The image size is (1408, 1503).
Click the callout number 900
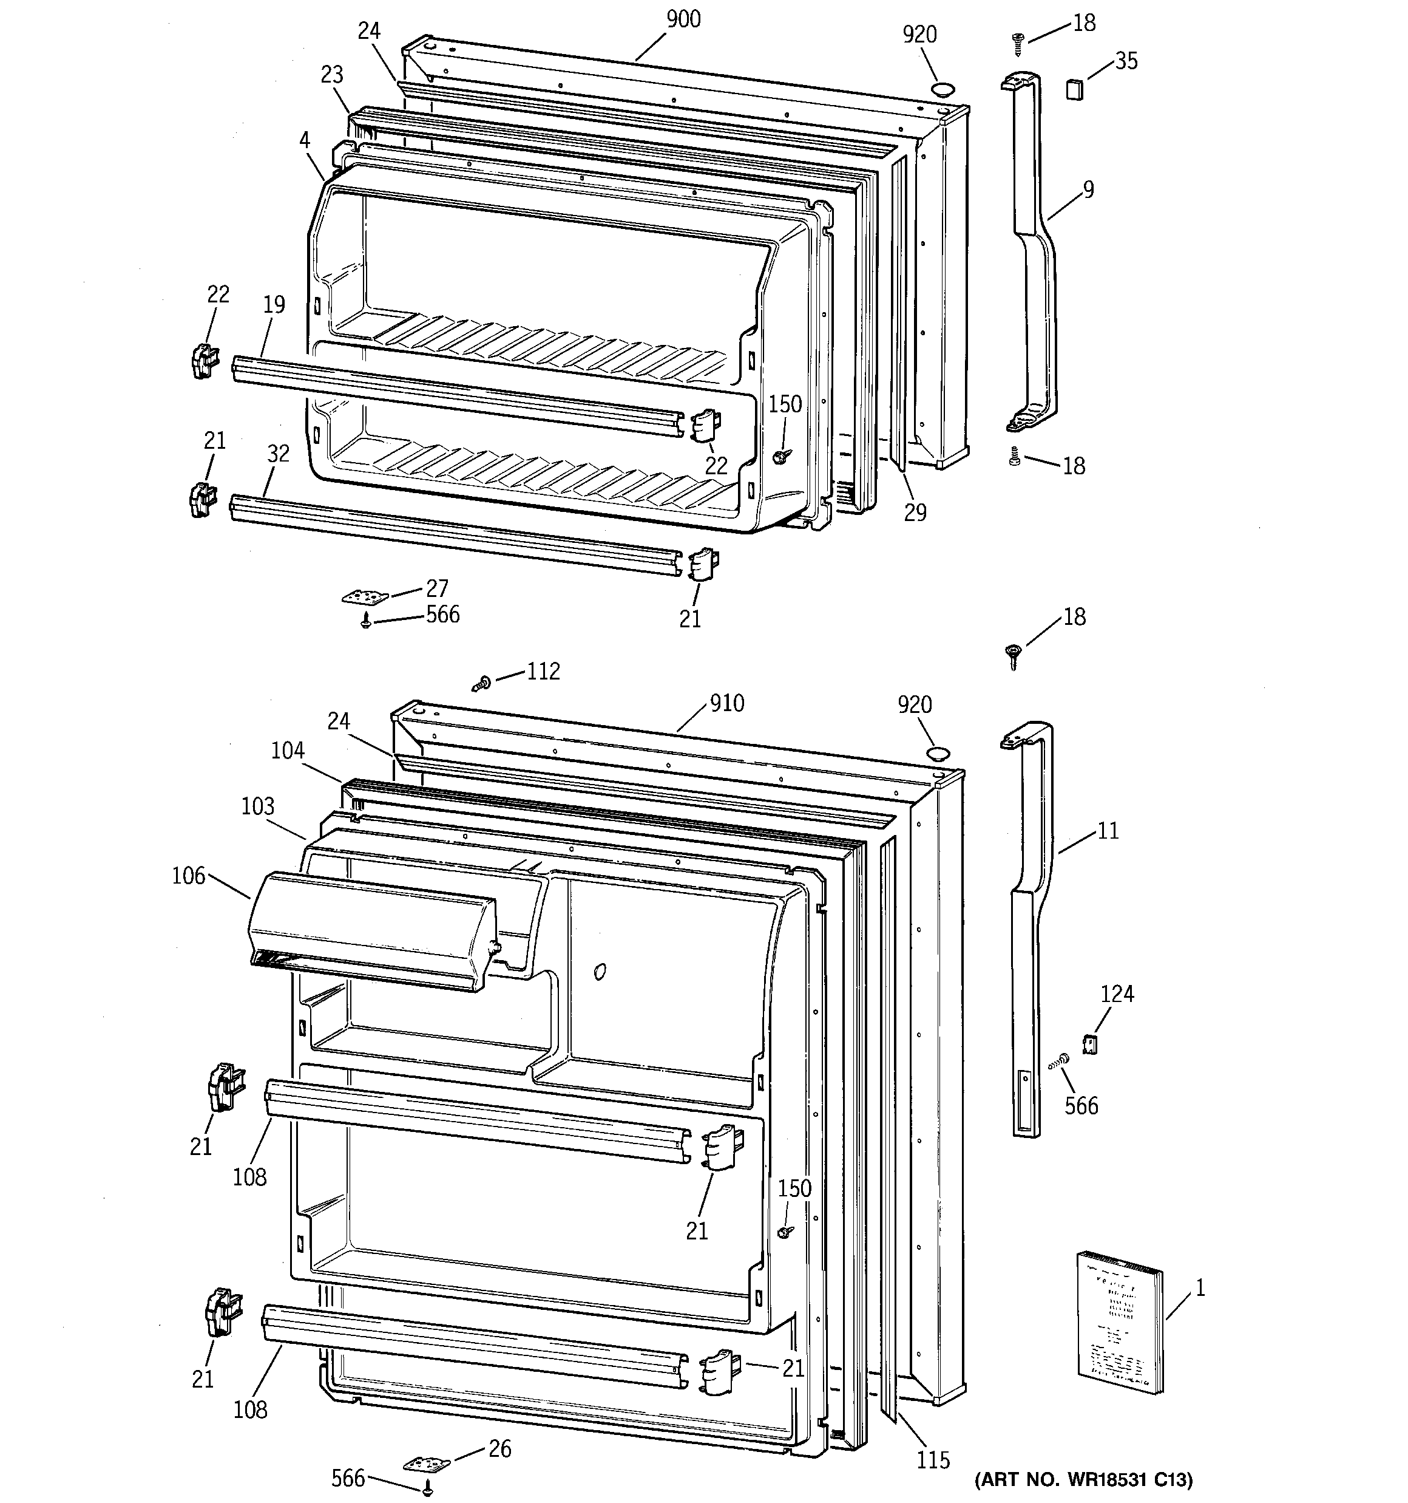[x=683, y=19]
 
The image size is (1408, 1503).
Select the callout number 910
[x=726, y=704]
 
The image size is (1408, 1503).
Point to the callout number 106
[x=188, y=876]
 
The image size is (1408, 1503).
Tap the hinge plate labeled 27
[x=364, y=598]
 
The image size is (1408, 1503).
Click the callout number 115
[x=933, y=1460]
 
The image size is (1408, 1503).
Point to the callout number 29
[x=915, y=513]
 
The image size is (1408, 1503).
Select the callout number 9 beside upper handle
[x=1088, y=189]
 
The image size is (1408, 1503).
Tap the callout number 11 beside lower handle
[x=1107, y=831]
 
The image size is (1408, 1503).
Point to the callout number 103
[x=258, y=806]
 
